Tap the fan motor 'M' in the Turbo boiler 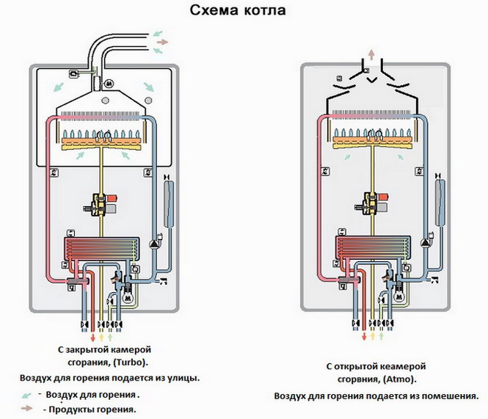(x=109, y=83)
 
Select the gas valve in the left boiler (x=101, y=203)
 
